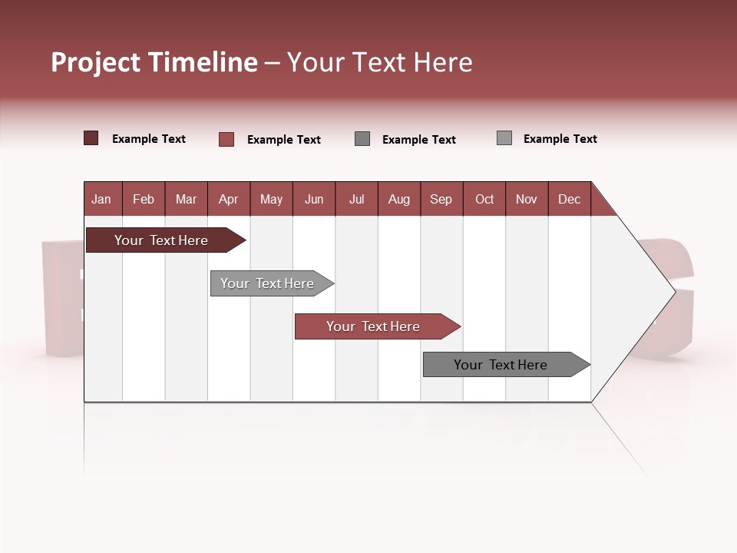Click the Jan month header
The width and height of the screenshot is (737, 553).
pyautogui.click(x=102, y=199)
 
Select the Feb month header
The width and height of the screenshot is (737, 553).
pyautogui.click(x=144, y=199)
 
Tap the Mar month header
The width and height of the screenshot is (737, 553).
pyautogui.click(x=186, y=199)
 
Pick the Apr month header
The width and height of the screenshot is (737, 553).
pyautogui.click(x=229, y=199)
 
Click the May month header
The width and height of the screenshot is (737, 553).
pyautogui.click(x=271, y=199)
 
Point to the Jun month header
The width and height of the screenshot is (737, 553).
pyautogui.click(x=314, y=199)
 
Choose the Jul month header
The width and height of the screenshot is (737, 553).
pyautogui.click(x=356, y=199)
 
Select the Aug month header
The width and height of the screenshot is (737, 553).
pyautogui.click(x=399, y=199)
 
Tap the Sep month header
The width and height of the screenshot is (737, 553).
pyautogui.click(x=441, y=199)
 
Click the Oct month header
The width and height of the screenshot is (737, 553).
pyautogui.click(x=484, y=199)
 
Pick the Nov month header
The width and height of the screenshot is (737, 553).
pyautogui.click(x=527, y=199)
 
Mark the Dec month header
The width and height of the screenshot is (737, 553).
pyautogui.click(x=570, y=199)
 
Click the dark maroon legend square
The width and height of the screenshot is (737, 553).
pyautogui.click(x=91, y=138)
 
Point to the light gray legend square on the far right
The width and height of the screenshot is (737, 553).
pyautogui.click(x=504, y=138)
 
